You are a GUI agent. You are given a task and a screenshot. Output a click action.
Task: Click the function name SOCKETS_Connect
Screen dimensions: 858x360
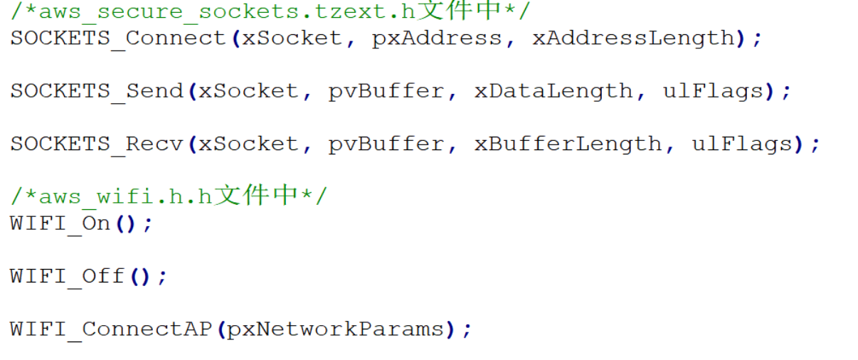click(x=118, y=39)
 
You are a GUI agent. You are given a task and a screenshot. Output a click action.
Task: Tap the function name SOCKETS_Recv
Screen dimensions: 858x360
click(x=97, y=145)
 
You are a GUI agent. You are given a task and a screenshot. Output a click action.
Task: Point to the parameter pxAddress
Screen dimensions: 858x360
click(x=437, y=39)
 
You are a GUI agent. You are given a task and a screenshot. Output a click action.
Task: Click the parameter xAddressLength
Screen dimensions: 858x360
click(x=633, y=39)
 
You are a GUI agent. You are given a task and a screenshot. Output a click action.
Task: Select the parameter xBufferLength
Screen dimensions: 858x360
click(x=568, y=145)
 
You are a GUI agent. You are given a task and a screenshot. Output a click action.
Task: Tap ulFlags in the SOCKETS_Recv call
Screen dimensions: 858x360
click(x=742, y=145)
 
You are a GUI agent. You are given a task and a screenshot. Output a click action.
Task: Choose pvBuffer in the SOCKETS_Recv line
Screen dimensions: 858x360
click(x=386, y=145)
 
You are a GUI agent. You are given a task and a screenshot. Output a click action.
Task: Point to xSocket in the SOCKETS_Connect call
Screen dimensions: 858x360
click(x=292, y=38)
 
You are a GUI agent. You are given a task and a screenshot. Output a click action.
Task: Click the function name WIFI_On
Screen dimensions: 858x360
click(x=60, y=224)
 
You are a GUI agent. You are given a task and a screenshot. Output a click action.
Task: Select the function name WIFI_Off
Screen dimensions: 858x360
click(x=68, y=277)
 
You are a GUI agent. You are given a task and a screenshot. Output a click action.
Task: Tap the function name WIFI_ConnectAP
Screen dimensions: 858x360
click(x=111, y=330)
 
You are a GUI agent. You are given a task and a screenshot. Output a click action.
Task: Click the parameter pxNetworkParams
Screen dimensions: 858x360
click(x=335, y=330)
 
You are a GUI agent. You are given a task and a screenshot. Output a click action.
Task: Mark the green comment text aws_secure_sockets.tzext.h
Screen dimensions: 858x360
click(x=227, y=12)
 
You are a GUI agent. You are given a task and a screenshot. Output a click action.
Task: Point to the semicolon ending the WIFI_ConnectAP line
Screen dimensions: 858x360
click(x=467, y=331)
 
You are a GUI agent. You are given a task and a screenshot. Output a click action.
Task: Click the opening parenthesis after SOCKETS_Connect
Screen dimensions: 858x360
click(x=236, y=39)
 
